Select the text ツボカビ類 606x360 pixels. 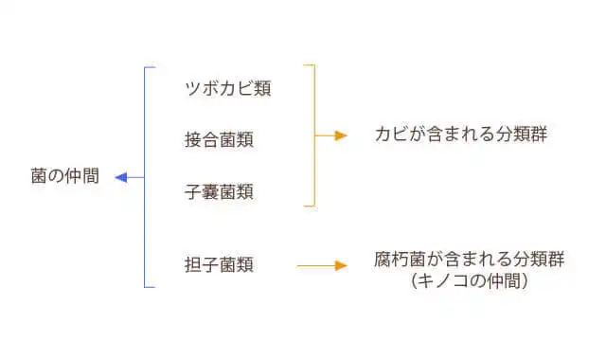[x=228, y=89]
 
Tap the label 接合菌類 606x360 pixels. [x=219, y=140]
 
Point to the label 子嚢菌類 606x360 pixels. [x=219, y=192]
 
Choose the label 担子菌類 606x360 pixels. [x=219, y=265]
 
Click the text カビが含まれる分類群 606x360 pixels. [x=461, y=135]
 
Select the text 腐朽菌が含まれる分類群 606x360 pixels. [x=470, y=259]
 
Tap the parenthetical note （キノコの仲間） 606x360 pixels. [x=470, y=281]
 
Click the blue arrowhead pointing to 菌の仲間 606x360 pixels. [x=120, y=177]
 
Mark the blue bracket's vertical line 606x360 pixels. [x=144, y=177]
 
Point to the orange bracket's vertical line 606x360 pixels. [x=314, y=135]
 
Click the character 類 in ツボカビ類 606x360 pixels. [x=263, y=89]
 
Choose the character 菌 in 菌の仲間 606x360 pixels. [x=39, y=177]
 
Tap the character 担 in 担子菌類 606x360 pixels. [x=192, y=265]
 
